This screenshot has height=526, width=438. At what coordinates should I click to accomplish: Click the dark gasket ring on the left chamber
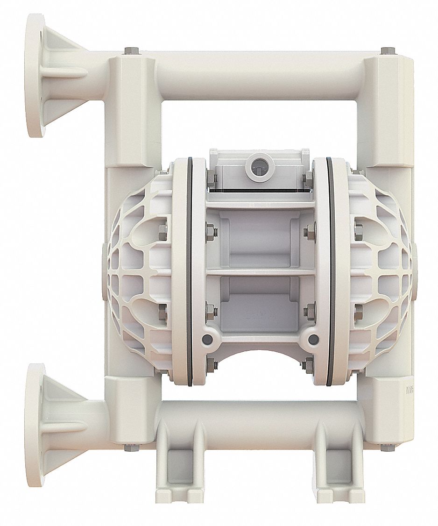point(189,271)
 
